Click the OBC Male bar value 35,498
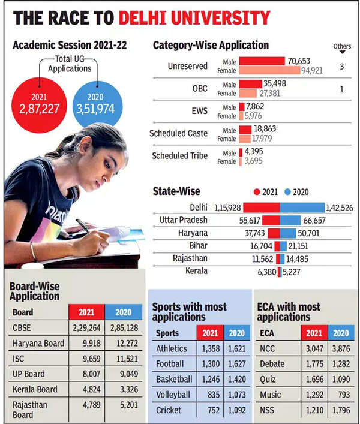tap(279, 83)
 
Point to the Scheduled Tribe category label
tap(179, 155)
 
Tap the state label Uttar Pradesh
tap(184, 220)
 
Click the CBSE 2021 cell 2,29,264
tap(87, 328)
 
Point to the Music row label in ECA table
tap(271, 395)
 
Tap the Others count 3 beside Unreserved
tap(341, 67)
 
